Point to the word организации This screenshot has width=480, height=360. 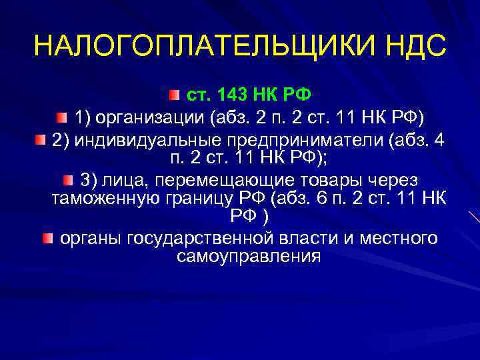point(151,119)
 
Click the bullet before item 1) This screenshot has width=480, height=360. point(61,119)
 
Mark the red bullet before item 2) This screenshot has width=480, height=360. point(40,141)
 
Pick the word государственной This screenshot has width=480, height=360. point(190,238)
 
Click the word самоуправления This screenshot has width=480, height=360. point(249,257)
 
